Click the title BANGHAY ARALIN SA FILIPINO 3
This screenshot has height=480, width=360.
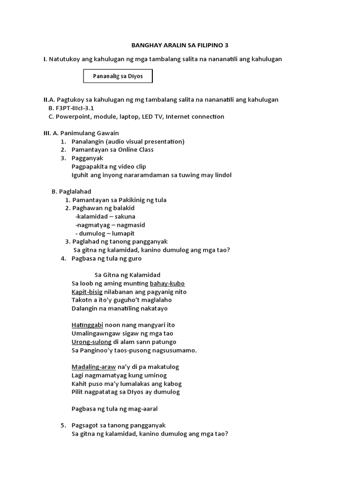(180, 45)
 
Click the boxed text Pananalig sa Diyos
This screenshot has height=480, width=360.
(118, 75)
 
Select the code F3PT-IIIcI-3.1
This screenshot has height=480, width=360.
(75, 108)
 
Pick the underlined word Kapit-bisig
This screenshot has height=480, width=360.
(87, 292)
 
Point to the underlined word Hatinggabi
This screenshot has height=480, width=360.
(87, 325)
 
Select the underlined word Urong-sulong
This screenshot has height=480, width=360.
(91, 342)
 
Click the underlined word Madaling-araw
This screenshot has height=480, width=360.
(93, 367)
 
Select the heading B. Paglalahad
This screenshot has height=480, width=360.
(71, 191)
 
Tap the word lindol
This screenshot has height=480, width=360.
(222, 175)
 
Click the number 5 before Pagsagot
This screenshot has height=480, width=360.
(63, 425)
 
